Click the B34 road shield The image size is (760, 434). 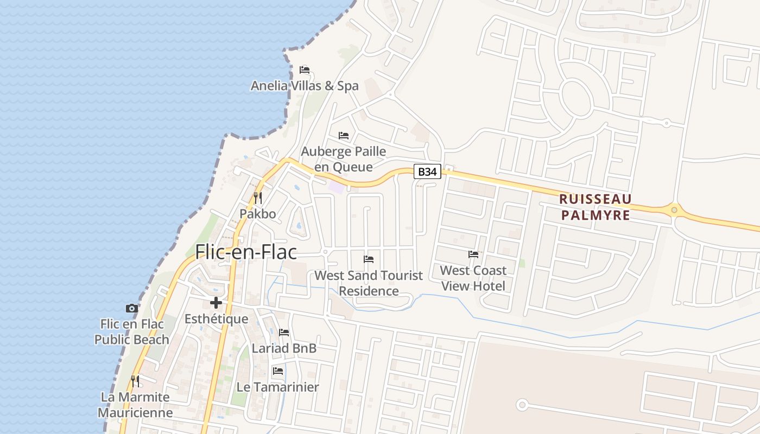(427, 172)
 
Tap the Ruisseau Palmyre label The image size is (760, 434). (596, 207)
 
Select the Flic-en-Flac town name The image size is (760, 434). (246, 252)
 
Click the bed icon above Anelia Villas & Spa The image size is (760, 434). (305, 70)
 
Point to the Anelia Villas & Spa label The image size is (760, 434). (305, 86)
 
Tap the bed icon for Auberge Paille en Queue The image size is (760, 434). (344, 136)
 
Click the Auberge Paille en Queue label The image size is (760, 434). (344, 159)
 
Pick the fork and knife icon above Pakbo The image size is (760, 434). (258, 198)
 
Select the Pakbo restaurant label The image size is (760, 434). (258, 214)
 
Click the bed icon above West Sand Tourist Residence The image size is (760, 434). (369, 259)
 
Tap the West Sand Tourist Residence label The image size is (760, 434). (369, 283)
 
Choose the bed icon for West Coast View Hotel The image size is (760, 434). (473, 254)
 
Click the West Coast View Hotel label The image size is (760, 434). (473, 278)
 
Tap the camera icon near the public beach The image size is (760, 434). (131, 309)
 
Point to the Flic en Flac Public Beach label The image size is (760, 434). (131, 331)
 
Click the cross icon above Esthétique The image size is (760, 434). (216, 303)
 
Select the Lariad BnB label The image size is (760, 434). (284, 348)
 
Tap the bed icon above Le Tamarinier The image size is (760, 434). (278, 372)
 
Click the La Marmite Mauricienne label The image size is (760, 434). (135, 405)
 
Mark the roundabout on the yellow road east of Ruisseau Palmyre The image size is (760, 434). (674, 209)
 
